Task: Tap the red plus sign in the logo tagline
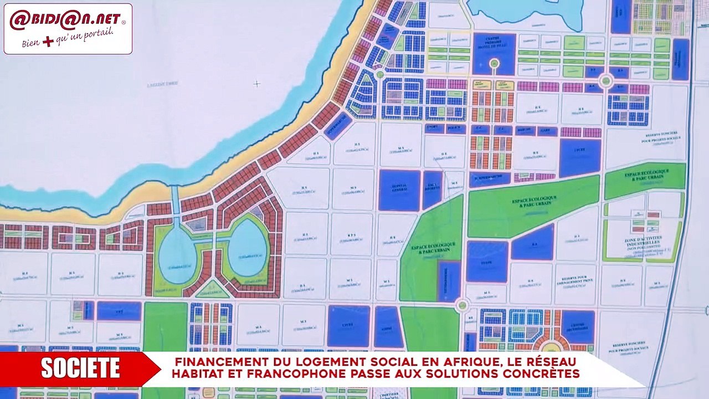[48, 41]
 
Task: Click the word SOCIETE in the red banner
[80, 369]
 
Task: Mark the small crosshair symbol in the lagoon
[257, 84]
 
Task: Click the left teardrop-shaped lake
[176, 255]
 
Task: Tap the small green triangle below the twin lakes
[212, 290]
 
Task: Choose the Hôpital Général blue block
[399, 190]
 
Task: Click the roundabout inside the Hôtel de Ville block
[494, 64]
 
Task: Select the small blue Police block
[456, 129]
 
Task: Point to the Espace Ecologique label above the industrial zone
[646, 175]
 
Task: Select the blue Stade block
[487, 261]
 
